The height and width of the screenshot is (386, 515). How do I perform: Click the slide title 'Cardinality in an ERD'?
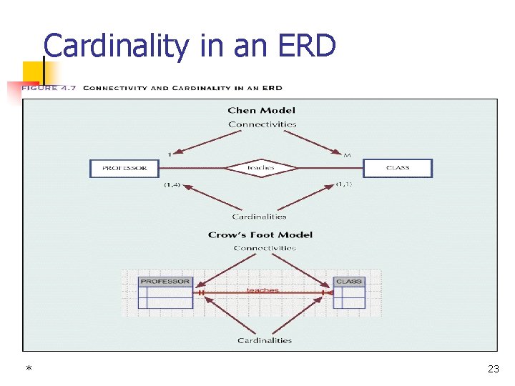point(190,46)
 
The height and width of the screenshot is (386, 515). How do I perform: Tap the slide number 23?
point(493,369)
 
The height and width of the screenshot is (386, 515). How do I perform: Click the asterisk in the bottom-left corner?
point(29,370)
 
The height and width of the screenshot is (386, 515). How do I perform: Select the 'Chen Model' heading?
point(261,110)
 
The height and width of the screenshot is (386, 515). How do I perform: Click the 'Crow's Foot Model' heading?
point(260,234)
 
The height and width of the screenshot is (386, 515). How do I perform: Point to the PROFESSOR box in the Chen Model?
point(124,168)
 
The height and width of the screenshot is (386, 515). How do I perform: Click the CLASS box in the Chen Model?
point(398,168)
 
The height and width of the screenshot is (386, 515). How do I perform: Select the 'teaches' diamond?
point(261,168)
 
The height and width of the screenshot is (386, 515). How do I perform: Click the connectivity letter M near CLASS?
point(348,154)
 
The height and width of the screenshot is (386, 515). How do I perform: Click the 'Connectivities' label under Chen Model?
point(262,124)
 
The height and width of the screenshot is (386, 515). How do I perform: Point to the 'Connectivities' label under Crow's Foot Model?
point(264,248)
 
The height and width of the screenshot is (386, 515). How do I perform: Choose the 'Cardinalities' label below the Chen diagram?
point(259,216)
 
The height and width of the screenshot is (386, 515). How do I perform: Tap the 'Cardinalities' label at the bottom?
point(265,340)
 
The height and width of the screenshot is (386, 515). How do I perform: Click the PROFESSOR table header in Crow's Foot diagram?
point(165,282)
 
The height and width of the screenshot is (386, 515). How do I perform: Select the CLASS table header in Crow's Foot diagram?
point(348,282)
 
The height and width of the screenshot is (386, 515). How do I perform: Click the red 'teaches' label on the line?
point(263,289)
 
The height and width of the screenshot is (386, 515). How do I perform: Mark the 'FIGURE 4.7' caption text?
point(50,88)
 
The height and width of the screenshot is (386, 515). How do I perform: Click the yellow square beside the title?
point(31,71)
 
